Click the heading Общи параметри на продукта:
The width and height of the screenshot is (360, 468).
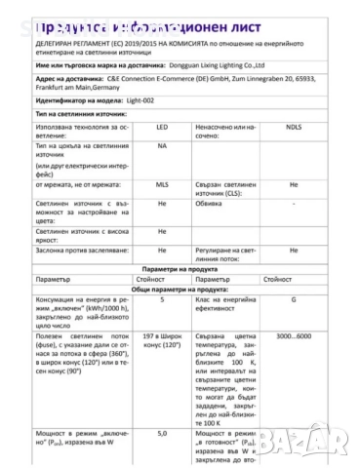(180, 316)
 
